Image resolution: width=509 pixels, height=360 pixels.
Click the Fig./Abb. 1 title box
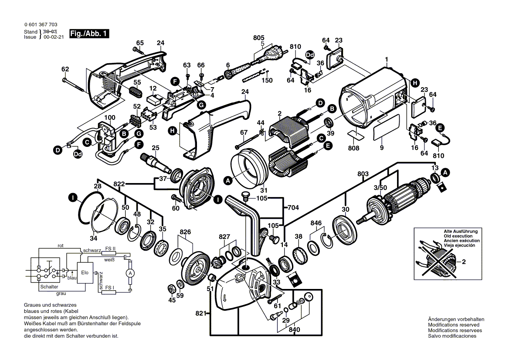click(x=89, y=34)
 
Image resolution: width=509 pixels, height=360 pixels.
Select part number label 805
click(x=259, y=38)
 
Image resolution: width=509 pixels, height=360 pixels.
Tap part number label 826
click(x=185, y=232)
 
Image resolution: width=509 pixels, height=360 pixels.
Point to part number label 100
click(x=110, y=118)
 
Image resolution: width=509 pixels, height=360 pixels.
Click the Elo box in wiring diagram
click(x=84, y=272)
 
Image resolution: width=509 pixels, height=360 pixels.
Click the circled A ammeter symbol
click(x=129, y=273)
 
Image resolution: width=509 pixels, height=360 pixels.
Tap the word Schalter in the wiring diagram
click(x=49, y=287)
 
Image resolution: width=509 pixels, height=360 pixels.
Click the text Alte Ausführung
click(x=461, y=231)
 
